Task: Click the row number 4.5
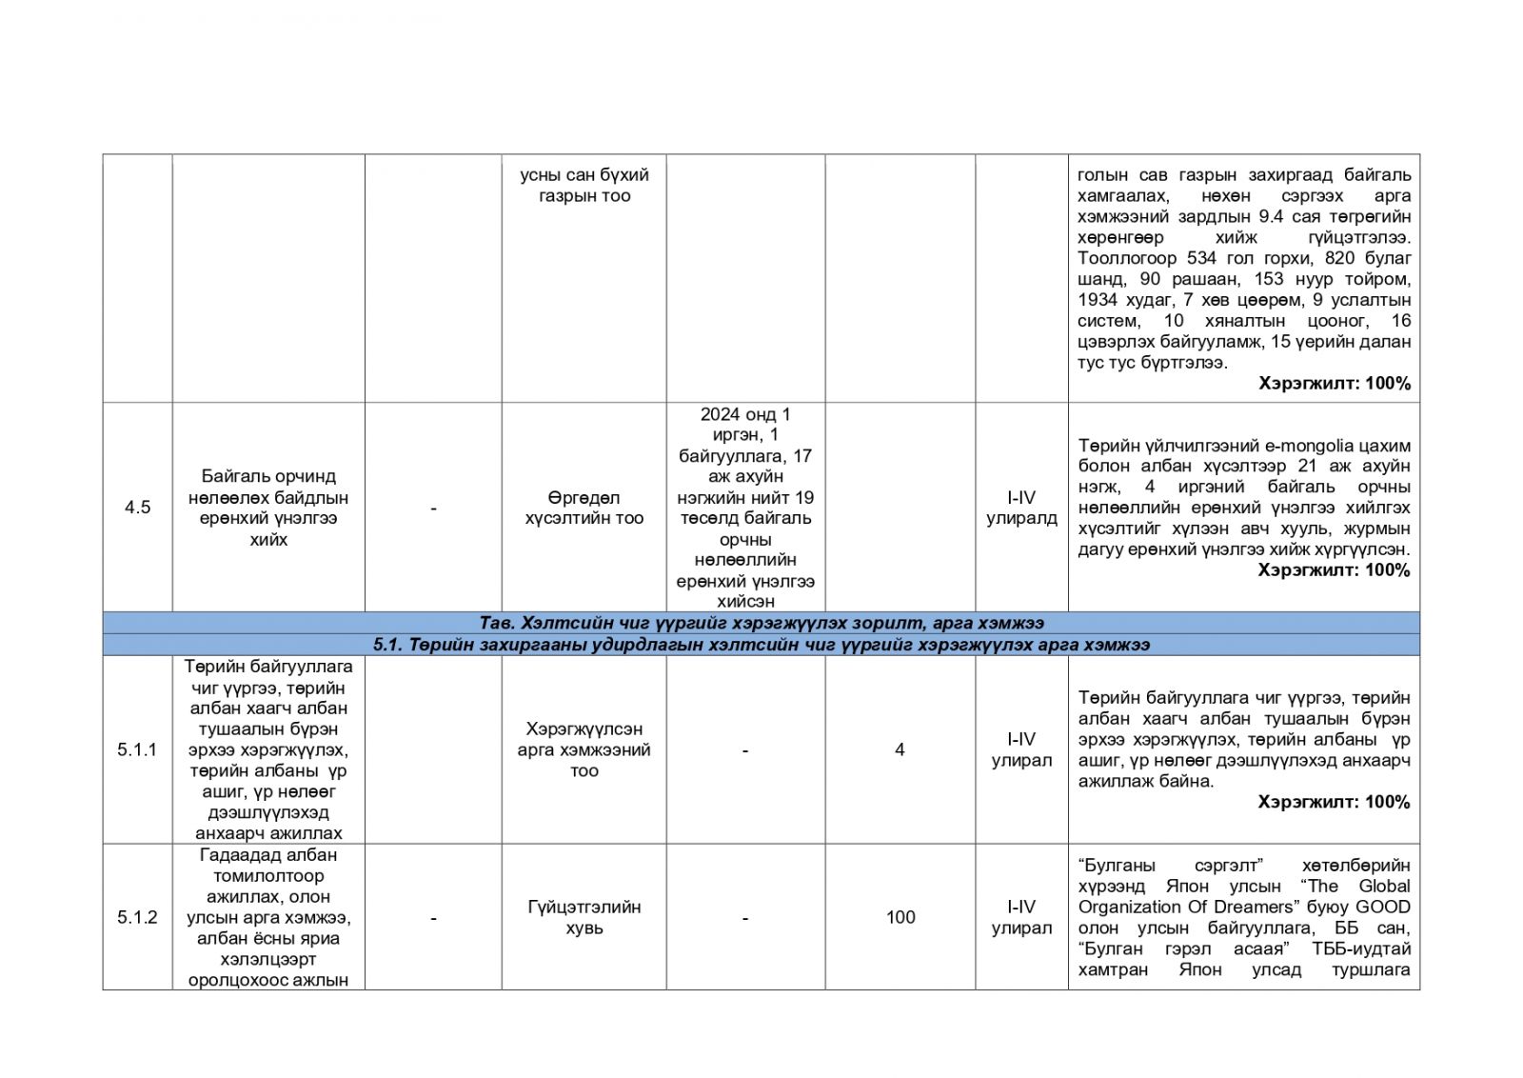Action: (x=137, y=508)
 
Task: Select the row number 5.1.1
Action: (x=137, y=749)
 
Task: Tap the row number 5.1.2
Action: (x=137, y=917)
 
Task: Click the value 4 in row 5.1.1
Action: (x=900, y=749)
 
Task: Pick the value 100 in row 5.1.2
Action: (x=900, y=917)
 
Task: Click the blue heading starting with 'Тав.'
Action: (x=761, y=623)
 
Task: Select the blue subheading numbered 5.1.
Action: (x=761, y=645)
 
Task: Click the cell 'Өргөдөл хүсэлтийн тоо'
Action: (x=583, y=508)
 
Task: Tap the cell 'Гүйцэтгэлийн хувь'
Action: (x=583, y=917)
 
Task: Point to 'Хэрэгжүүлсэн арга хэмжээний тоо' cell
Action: (x=583, y=749)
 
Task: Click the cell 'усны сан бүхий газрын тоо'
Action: (x=583, y=186)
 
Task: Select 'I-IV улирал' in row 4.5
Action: (x=1021, y=508)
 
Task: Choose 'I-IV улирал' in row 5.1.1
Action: (x=1021, y=749)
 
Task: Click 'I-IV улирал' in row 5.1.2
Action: (x=1021, y=917)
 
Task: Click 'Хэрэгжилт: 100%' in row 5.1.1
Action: (x=1334, y=802)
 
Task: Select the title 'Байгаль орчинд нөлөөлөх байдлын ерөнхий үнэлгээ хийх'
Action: (x=268, y=508)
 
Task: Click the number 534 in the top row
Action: (x=1187, y=258)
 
